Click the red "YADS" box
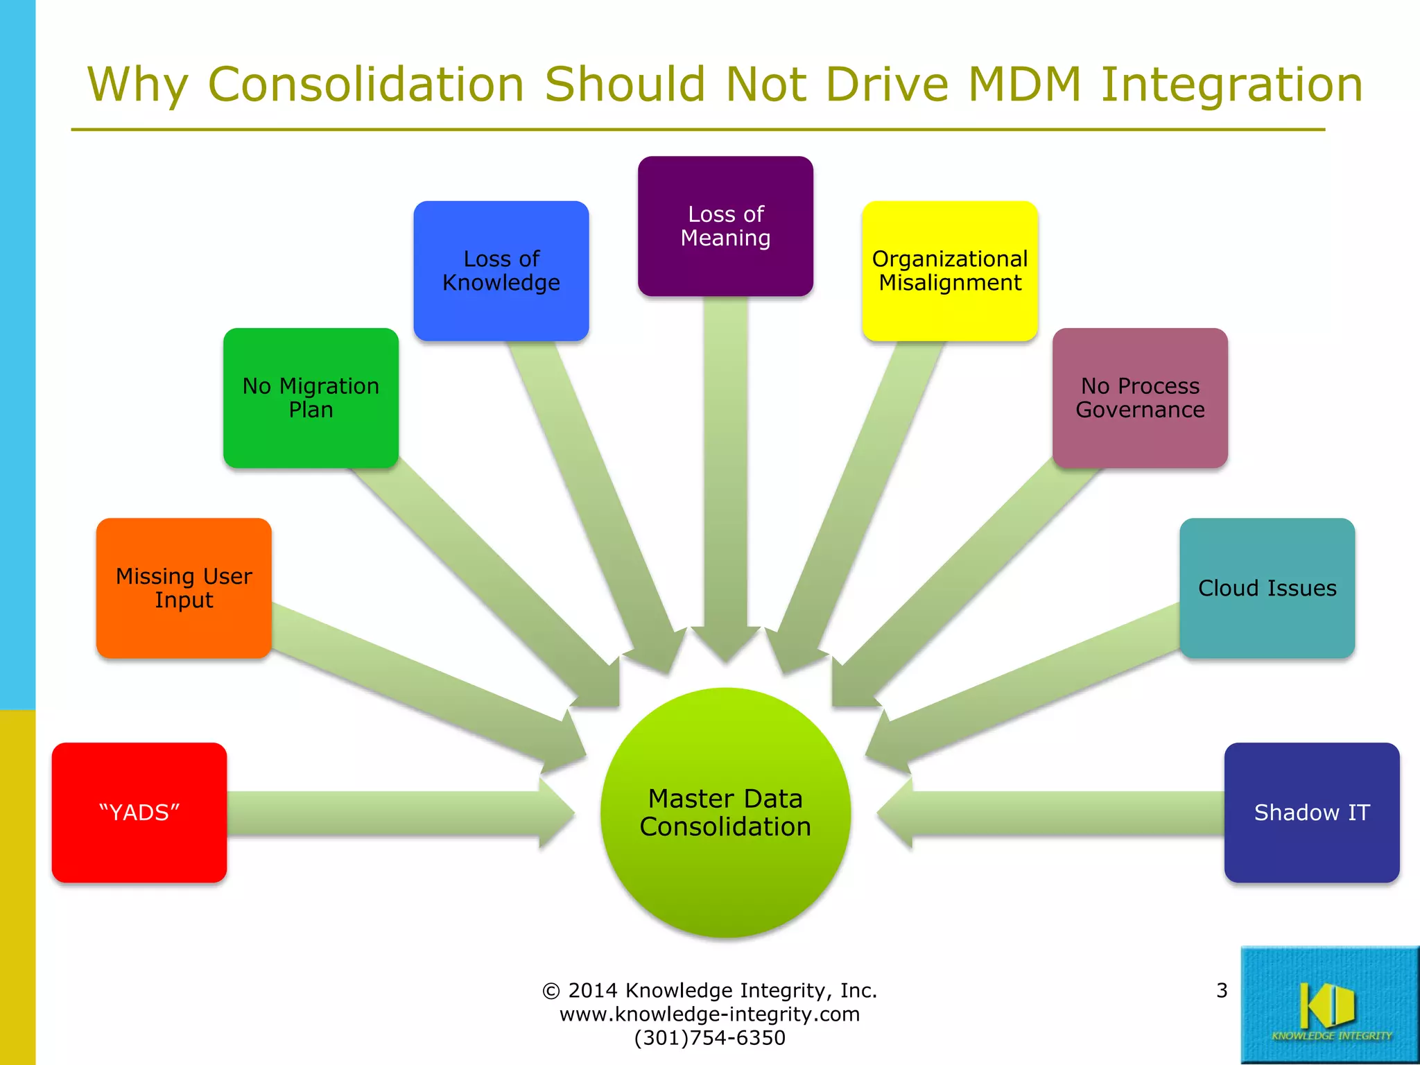139,813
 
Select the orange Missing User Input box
184,588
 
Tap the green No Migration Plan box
311,398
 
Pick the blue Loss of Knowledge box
501,270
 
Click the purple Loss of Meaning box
725,226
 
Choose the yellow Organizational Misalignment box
950,270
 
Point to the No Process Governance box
1140,398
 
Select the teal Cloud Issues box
1267,588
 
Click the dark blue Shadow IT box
1312,813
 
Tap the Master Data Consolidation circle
725,813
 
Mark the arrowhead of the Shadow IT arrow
895,813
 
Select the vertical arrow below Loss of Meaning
725,471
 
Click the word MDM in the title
1025,85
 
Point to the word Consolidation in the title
366,85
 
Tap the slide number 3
1222,990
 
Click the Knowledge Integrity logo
1330,1005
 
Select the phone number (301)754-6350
709,1038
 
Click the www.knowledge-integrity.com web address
709,1014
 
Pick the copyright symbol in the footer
551,991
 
